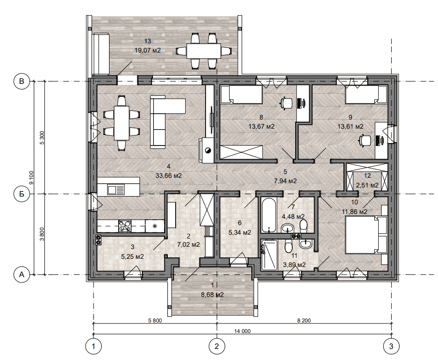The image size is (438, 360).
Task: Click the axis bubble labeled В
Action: coord(22,81)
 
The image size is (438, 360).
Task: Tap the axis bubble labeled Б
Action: coord(22,194)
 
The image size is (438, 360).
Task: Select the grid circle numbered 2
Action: coord(217,347)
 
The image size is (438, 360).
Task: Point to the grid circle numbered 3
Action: coord(391,347)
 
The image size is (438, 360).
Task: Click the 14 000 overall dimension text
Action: coord(242,331)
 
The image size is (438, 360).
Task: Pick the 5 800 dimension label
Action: coord(155,320)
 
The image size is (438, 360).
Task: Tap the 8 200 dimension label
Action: coord(304,320)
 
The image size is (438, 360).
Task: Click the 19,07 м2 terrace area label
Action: coord(148,51)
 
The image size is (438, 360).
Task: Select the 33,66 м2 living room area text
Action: coord(168,176)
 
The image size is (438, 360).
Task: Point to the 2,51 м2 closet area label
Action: coord(367,185)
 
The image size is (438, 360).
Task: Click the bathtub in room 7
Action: coord(268,215)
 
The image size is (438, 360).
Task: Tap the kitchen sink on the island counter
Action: coord(116,190)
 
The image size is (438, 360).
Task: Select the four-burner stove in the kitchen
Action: coord(125,226)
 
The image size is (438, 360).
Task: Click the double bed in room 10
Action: coord(366,235)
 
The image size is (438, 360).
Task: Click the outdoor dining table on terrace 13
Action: coord(204,51)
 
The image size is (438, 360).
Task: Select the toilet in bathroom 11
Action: coord(287,246)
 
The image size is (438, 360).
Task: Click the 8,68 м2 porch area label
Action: coord(212,294)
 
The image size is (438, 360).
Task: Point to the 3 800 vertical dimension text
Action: coord(42,234)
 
